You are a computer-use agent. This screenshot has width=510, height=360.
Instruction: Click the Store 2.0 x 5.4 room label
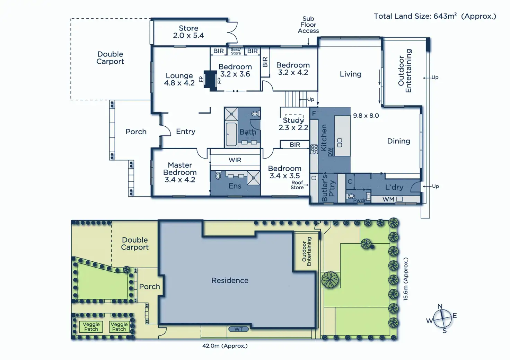(x=188, y=32)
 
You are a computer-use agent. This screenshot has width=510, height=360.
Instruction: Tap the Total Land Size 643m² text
(x=435, y=16)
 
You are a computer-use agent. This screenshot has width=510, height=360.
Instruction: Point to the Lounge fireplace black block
(x=210, y=80)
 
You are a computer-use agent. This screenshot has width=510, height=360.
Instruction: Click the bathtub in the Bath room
(x=231, y=134)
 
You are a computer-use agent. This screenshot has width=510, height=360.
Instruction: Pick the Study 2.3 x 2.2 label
(x=293, y=124)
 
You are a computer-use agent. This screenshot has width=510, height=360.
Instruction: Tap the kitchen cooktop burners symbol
(x=314, y=149)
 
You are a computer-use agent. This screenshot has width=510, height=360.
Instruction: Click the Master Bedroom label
(x=180, y=172)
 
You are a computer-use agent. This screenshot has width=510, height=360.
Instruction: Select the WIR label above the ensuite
(x=235, y=160)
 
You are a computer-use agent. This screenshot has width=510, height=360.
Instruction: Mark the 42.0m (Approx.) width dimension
(x=225, y=346)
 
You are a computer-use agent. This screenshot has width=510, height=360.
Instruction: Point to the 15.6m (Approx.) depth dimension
(x=406, y=279)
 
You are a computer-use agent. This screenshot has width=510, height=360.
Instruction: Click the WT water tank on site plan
(x=238, y=329)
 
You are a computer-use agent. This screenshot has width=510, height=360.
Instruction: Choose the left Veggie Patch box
(x=91, y=327)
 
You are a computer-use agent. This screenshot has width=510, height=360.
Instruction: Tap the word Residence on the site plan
(x=230, y=280)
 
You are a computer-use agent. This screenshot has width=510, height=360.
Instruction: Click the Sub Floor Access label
(x=308, y=25)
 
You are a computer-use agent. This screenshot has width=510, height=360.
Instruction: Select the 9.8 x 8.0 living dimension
(x=366, y=116)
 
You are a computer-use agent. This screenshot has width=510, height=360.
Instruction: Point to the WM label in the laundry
(x=388, y=199)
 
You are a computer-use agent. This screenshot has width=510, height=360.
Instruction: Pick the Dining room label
(x=398, y=141)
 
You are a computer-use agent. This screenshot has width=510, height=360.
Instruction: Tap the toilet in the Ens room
(x=218, y=176)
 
